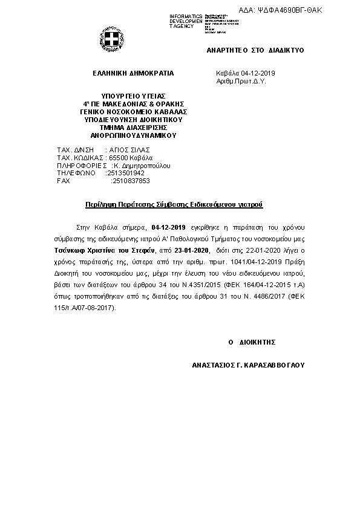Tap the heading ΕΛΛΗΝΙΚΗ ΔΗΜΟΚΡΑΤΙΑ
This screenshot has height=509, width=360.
point(133,73)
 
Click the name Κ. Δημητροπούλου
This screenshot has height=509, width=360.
point(143,165)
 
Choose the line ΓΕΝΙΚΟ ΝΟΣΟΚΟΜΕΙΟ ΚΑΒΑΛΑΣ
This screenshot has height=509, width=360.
point(133,112)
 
